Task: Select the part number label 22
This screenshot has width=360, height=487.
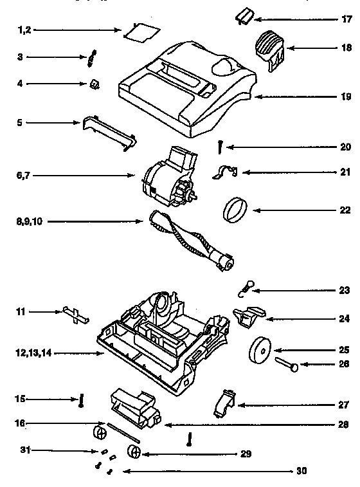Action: pos(345,210)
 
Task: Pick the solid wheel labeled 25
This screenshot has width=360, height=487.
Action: pos(260,351)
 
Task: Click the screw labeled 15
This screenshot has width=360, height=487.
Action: pos(82,400)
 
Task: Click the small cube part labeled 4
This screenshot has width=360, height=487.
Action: pos(95,84)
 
